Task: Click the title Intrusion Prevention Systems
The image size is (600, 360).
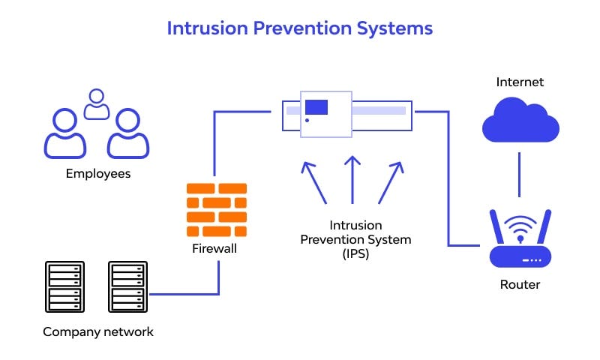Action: coord(299,28)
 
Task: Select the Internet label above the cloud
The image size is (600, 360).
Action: coord(520,82)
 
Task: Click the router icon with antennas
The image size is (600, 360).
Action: coord(520,240)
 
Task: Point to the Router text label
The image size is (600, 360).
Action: coord(520,284)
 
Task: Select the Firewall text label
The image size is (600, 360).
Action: coord(214,248)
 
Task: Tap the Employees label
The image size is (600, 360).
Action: coord(97,173)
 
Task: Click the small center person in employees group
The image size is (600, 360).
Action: coord(97,105)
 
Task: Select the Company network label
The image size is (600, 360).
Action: coord(97,331)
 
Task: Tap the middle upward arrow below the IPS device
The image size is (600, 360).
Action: coord(351,180)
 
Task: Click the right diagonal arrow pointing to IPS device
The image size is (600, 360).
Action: coord(390,181)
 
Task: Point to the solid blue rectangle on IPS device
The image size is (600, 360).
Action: coord(316,106)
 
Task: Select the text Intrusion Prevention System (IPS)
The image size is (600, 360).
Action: coord(355,239)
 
